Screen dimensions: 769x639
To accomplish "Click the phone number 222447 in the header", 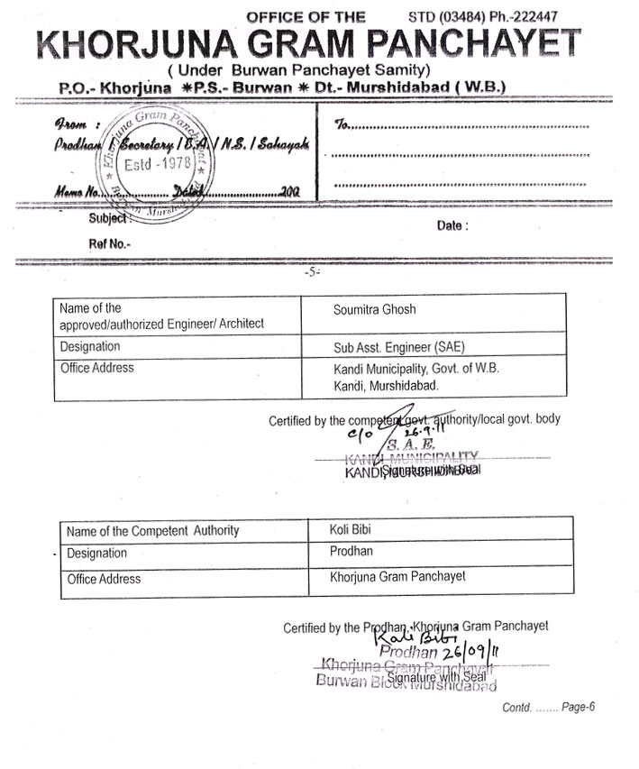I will [x=533, y=16].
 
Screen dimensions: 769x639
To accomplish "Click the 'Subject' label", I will [x=110, y=218].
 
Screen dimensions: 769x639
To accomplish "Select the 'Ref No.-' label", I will [x=109, y=243].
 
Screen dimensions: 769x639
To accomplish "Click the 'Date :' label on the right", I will [x=452, y=226].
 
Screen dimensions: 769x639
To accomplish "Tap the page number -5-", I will [x=312, y=271].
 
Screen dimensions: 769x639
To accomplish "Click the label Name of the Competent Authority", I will [x=153, y=530].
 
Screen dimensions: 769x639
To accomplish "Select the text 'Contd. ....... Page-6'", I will [x=548, y=707].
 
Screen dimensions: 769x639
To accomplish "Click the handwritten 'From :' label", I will [x=71, y=125].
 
